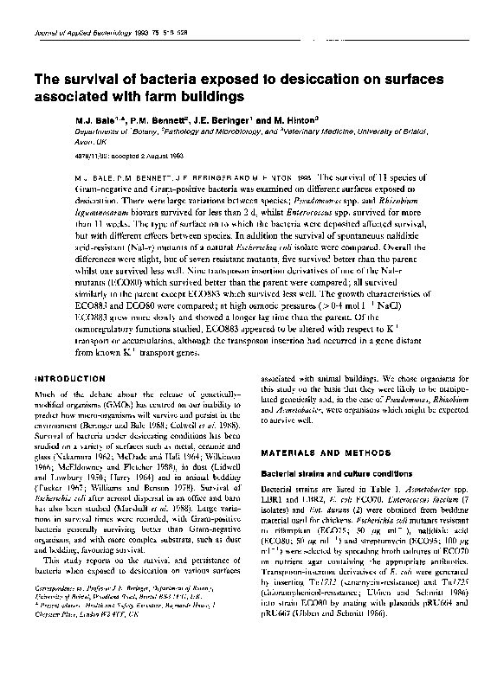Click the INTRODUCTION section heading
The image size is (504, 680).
68,379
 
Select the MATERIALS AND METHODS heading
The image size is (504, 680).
313,454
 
